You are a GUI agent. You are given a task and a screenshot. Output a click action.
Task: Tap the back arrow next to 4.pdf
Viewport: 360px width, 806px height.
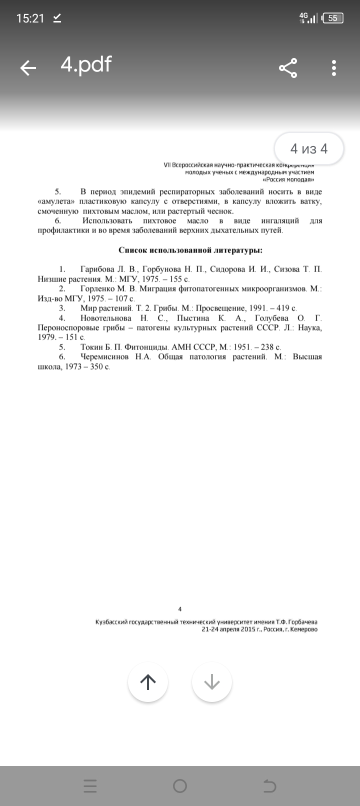click(28, 67)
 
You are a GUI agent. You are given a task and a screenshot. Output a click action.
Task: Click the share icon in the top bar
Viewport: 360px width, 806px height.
click(288, 67)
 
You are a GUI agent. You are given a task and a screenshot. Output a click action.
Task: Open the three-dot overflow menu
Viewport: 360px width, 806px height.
click(334, 67)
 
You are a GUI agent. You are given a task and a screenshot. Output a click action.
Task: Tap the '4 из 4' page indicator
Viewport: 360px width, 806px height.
click(309, 148)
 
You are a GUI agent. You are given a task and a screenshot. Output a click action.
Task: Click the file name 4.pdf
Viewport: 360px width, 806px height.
click(86, 64)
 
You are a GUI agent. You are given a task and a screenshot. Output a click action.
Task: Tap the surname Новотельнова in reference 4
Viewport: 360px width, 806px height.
click(106, 318)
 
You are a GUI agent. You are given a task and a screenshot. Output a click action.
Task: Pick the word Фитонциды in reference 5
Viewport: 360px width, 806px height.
click(147, 347)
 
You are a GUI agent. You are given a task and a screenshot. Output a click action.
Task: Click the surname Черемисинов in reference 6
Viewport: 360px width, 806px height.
click(104, 357)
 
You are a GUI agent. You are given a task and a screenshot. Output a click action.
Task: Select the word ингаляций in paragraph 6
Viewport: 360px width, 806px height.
click(280, 220)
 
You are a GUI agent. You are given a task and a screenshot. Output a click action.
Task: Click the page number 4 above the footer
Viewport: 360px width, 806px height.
click(180, 609)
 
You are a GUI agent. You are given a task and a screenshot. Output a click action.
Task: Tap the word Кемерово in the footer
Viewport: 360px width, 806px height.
click(303, 629)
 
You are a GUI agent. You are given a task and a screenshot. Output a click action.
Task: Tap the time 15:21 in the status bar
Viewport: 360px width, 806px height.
click(30, 18)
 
